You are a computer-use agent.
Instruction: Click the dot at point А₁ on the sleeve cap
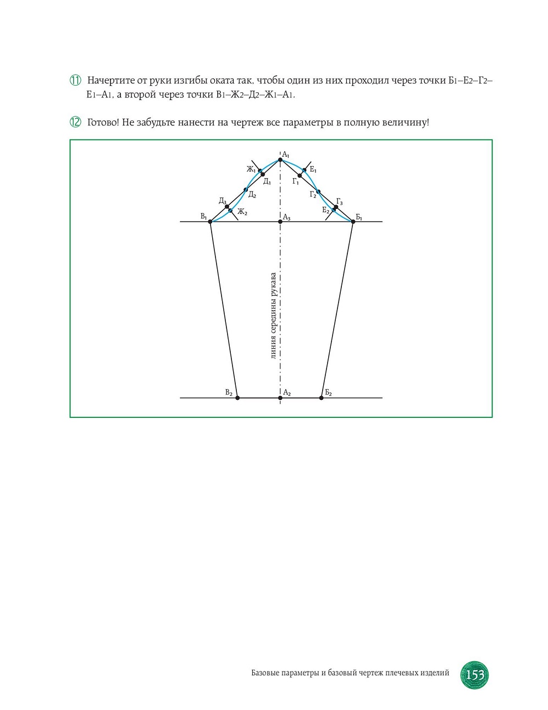tap(280, 160)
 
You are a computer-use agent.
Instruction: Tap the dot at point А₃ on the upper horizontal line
tap(280, 222)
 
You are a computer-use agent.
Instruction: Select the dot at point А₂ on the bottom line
tap(280, 398)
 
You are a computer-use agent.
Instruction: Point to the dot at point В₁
tap(211, 222)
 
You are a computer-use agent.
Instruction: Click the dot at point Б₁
tap(353, 222)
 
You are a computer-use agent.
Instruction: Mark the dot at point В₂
tap(237, 398)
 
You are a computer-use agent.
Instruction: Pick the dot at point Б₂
tap(322, 398)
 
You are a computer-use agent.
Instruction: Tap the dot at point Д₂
tap(246, 190)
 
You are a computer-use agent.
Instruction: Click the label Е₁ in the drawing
tap(313, 170)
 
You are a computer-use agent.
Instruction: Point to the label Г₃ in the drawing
tap(340, 201)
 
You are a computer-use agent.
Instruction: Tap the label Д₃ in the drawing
tap(222, 201)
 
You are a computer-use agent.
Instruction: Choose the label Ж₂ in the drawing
tap(242, 212)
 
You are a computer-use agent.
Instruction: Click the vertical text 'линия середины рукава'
tap(273, 316)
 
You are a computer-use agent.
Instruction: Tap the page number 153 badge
tap(474, 675)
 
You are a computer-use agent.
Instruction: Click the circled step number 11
tap(75, 80)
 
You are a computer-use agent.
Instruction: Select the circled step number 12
tap(75, 122)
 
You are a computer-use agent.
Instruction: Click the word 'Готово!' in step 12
tap(103, 122)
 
